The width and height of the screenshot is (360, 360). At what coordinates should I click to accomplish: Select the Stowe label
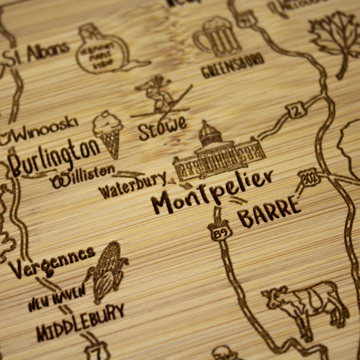pyautogui.click(x=162, y=126)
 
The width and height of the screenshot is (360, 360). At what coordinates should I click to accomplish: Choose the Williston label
pyautogui.click(x=83, y=177)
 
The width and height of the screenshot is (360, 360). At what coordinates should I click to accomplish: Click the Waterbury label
pyautogui.click(x=133, y=184)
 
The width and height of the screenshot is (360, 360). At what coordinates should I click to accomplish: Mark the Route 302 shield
pyautogui.click(x=310, y=177)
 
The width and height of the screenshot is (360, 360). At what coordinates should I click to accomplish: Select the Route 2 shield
pyautogui.click(x=297, y=110)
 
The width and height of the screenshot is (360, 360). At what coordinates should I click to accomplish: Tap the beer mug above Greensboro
pyautogui.click(x=218, y=37)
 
